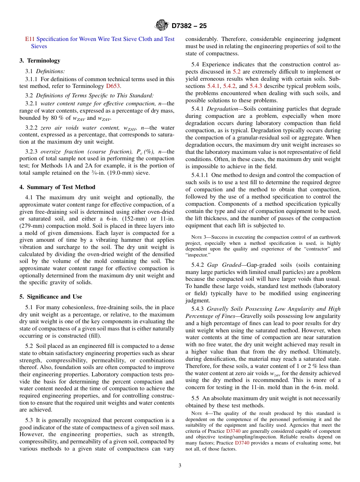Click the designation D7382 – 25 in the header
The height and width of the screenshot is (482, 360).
[189, 26]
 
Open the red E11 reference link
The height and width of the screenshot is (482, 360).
[30, 39]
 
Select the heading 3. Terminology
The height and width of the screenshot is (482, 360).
[40, 61]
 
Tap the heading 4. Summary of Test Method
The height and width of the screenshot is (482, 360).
[57, 187]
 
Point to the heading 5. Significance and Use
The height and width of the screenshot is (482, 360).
[51, 297]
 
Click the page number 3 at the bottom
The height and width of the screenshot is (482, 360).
[180, 465]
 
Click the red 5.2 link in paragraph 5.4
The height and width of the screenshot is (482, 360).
[236, 72]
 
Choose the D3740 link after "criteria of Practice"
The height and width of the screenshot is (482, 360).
[233, 431]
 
